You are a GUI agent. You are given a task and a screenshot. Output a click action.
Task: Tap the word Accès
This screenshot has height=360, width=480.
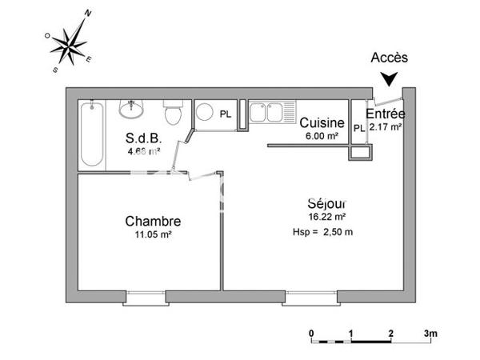click(390, 58)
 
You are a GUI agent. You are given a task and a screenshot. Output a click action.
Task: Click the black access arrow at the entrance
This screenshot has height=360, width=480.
click(389, 78)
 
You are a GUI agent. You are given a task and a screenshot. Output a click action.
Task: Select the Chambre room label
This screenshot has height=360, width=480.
click(152, 222)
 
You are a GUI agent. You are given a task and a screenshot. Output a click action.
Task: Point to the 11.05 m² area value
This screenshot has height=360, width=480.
click(152, 235)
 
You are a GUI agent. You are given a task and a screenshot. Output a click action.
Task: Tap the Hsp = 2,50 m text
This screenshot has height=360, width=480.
click(323, 232)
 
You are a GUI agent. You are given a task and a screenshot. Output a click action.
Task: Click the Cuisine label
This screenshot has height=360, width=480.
click(322, 123)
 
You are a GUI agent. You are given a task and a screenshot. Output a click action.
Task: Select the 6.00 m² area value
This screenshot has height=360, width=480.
click(322, 135)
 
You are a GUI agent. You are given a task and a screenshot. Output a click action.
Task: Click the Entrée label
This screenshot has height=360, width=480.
click(385, 114)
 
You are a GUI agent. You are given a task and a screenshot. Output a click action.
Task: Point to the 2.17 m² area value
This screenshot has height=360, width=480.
click(385, 126)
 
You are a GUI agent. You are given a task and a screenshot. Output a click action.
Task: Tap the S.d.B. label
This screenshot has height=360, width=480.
click(144, 136)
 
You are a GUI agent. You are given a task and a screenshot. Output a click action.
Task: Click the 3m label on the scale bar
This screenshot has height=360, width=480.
click(430, 333)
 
